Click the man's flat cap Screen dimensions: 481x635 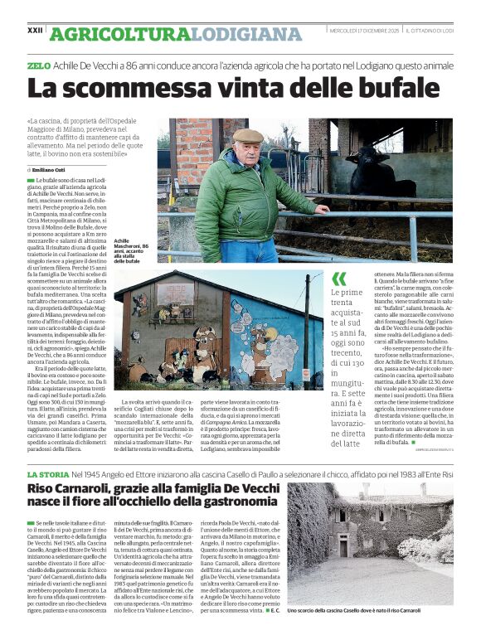[248, 135]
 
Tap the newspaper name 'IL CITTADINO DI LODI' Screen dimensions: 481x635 [430, 31]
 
